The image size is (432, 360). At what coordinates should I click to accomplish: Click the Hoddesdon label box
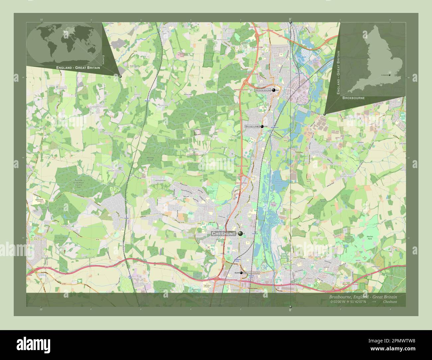[x=263, y=90]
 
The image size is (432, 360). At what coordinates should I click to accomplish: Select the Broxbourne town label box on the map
[x=252, y=127]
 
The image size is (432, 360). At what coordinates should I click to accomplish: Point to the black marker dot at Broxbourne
[x=262, y=127]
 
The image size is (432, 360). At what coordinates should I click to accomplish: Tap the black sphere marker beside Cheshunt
[x=240, y=234]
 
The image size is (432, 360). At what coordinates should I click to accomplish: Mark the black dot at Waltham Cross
[x=242, y=273]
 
